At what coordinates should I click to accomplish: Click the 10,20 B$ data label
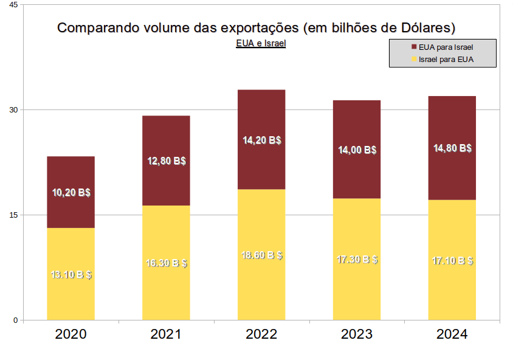coord(71,193)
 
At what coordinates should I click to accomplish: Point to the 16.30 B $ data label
coord(167,263)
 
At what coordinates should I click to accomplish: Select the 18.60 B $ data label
coord(262,255)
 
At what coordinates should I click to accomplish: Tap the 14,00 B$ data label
coord(357,150)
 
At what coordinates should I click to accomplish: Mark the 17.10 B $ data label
coord(453,261)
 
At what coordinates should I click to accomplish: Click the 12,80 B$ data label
coord(167,161)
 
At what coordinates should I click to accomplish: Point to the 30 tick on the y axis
coord(15,110)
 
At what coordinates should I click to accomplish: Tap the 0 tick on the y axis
coord(16,320)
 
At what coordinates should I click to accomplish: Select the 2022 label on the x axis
coord(261,334)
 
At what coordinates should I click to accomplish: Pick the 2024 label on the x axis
coord(452,334)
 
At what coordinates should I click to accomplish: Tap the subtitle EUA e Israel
coord(261,44)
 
